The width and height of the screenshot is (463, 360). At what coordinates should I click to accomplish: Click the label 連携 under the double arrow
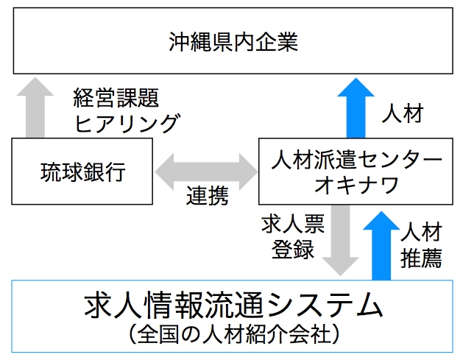pyautogui.click(x=206, y=197)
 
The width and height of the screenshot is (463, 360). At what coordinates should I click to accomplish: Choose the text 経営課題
pyautogui.click(x=116, y=98)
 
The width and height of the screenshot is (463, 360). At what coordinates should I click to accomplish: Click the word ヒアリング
pyautogui.click(x=126, y=122)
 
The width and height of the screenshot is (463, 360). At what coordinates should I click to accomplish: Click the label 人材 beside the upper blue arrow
pyautogui.click(x=403, y=115)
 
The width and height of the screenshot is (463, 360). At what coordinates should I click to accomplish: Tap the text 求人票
pyautogui.click(x=288, y=225)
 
